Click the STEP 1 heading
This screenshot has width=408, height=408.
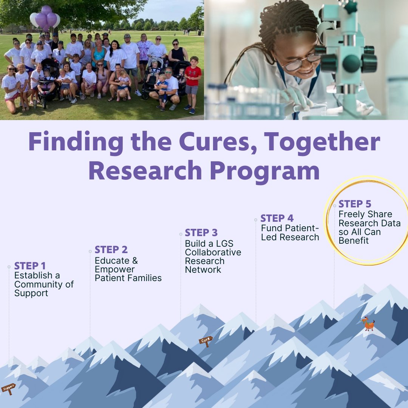click(30, 266)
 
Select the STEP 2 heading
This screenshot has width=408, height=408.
click(111, 250)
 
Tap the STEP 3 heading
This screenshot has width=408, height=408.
click(201, 233)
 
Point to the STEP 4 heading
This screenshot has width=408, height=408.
click(277, 218)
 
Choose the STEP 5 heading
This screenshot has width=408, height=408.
click(355, 204)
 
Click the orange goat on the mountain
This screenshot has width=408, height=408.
click(368, 324)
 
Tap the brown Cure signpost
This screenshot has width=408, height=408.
click(206, 340)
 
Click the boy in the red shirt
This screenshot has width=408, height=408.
click(193, 83)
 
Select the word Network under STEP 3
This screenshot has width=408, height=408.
click(203, 270)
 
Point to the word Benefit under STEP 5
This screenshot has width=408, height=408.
click(354, 241)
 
